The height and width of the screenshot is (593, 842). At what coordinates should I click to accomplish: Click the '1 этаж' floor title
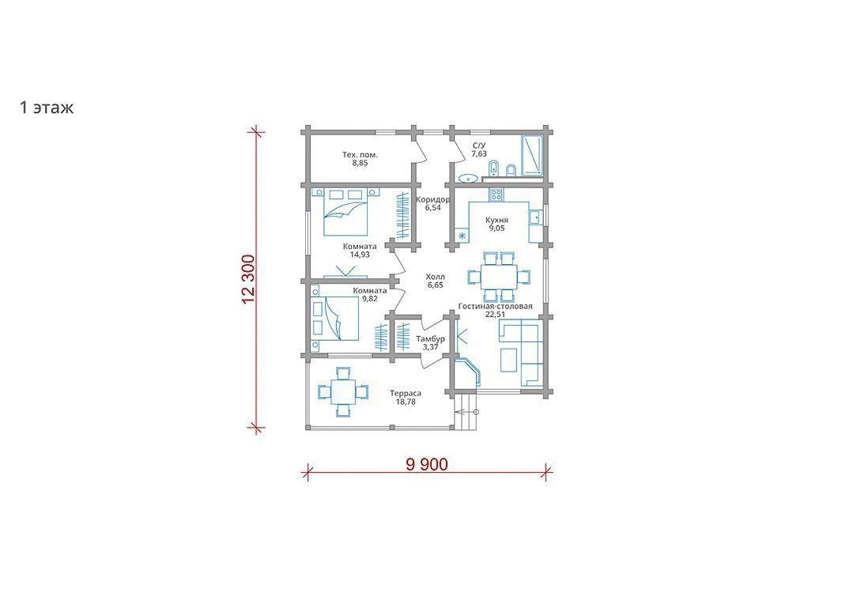pyautogui.click(x=47, y=108)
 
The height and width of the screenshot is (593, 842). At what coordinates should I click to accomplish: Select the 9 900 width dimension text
pyautogui.click(x=427, y=464)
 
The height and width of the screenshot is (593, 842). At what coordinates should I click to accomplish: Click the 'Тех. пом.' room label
pyautogui.click(x=360, y=155)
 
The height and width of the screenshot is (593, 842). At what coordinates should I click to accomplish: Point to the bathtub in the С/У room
pyautogui.click(x=531, y=155)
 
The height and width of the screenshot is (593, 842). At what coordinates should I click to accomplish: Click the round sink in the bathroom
pyautogui.click(x=469, y=178)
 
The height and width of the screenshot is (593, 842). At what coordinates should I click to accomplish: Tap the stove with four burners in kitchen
pyautogui.click(x=496, y=195)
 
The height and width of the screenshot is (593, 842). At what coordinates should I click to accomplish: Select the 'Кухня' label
pyautogui.click(x=497, y=220)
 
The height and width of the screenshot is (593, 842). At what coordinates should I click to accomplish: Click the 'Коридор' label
pyautogui.click(x=432, y=199)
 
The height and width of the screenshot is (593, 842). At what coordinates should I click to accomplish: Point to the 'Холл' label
pyautogui.click(x=436, y=277)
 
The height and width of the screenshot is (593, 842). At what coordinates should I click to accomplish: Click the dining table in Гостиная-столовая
pyautogui.click(x=499, y=277)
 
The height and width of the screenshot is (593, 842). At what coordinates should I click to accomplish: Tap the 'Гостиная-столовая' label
pyautogui.click(x=495, y=306)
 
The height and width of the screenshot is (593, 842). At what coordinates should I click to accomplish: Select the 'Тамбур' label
pyautogui.click(x=431, y=339)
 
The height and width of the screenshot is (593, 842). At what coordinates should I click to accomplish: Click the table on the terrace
pyautogui.click(x=343, y=391)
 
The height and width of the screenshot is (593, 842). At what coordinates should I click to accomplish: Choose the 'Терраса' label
pyautogui.click(x=406, y=393)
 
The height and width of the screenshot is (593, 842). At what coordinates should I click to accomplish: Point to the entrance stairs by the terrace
pyautogui.click(x=466, y=411)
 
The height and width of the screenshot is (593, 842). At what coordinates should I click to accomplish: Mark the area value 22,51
pyautogui.click(x=495, y=314)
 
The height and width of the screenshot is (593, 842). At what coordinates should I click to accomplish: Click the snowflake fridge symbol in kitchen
pyautogui.click(x=462, y=234)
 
